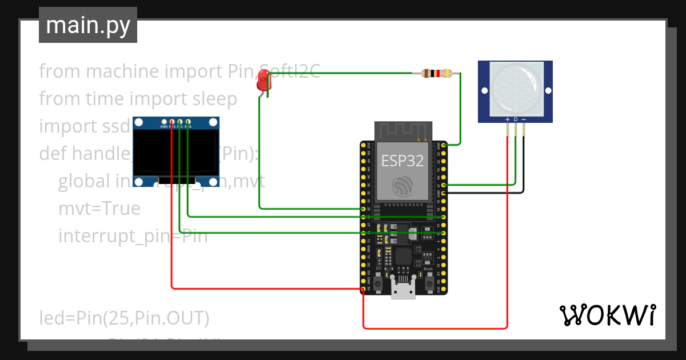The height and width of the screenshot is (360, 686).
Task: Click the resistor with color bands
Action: coord(436,73)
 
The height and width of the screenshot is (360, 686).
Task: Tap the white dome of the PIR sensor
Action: coord(515,87)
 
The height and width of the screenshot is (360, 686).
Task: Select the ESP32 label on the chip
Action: coord(402,161)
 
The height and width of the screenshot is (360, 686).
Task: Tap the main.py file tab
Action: coord(88,26)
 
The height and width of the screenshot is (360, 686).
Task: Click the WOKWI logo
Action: coord(607,315)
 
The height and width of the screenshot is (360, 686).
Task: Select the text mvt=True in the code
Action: coord(99,209)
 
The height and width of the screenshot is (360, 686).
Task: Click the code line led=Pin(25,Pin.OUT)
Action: coord(124,317)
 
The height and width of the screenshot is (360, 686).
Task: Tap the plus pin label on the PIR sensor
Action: coord(507,119)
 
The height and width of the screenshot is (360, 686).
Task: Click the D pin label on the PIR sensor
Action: coord(515,119)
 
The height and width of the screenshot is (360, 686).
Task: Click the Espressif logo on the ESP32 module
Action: coord(402,186)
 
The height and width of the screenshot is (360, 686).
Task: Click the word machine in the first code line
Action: coord(122,71)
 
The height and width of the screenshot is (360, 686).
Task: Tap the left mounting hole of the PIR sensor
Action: coord(483,91)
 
